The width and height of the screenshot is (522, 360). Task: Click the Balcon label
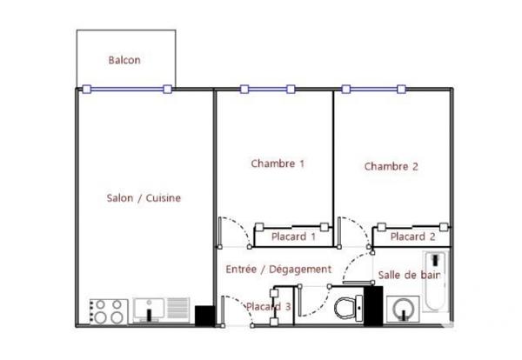point(124,60)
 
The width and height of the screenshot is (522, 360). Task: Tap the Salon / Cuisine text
point(144,198)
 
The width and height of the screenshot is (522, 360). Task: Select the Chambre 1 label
point(278,163)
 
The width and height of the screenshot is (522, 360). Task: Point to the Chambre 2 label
point(391,166)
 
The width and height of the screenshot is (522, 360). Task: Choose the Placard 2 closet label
point(412,236)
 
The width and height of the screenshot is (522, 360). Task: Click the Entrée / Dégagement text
point(278,270)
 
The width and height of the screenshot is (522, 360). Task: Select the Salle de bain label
point(408,275)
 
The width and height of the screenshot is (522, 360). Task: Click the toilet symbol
point(348,307)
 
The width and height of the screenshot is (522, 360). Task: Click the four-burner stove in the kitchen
point(109,311)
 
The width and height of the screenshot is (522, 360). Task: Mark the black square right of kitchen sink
point(204,315)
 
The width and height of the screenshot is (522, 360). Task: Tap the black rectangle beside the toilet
point(373,305)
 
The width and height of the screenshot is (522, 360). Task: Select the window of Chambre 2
point(374,89)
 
